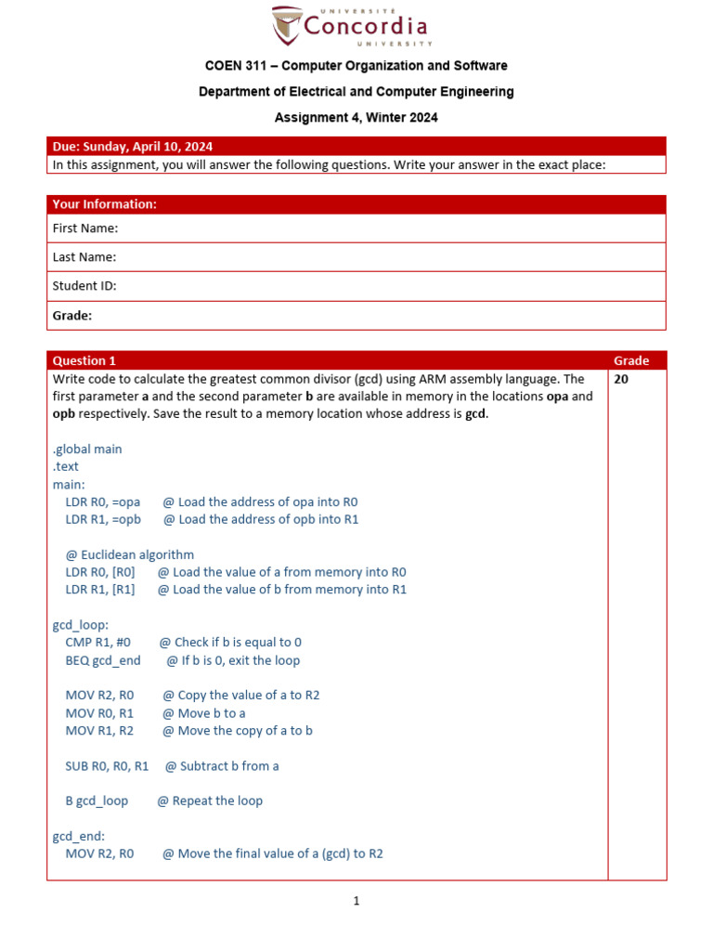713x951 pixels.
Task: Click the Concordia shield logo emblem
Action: click(x=287, y=25)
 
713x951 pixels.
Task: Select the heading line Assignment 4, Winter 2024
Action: click(x=356, y=118)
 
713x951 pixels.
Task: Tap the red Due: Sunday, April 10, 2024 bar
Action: click(x=356, y=146)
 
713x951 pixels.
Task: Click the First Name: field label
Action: click(x=85, y=228)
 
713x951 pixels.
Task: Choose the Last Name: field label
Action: click(x=84, y=257)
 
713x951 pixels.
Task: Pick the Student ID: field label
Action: click(x=84, y=286)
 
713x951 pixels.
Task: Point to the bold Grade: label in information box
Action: click(x=72, y=316)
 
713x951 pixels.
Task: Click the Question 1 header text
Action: click(x=84, y=360)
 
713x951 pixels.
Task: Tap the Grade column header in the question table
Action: click(x=631, y=360)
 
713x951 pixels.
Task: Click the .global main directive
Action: click(x=87, y=449)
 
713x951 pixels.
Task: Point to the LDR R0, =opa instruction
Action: click(x=103, y=502)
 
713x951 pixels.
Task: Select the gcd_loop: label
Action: click(x=81, y=625)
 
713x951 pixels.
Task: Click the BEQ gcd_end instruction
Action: click(x=103, y=660)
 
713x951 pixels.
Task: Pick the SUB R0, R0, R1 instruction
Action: click(x=107, y=766)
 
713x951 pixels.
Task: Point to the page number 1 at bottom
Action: click(x=356, y=901)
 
